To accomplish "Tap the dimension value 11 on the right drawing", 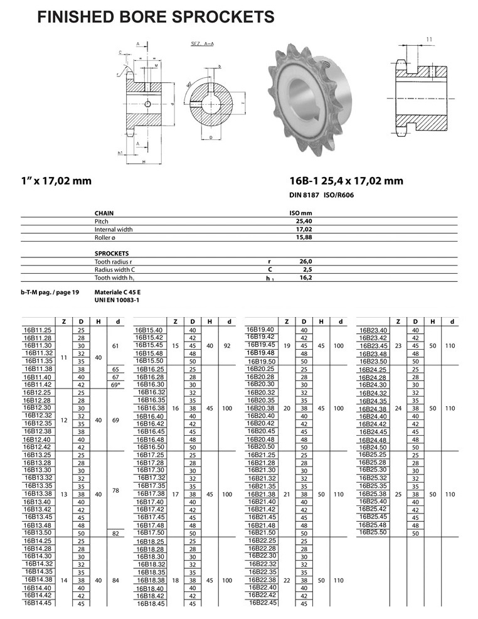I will (x=429, y=40).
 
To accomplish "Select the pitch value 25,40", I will (x=304, y=222).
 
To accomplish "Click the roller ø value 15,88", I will (x=304, y=238).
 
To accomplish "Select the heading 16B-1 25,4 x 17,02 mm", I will (x=346, y=181).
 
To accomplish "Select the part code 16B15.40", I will (x=149, y=330).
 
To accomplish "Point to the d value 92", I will (x=227, y=345).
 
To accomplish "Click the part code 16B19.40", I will (x=261, y=329).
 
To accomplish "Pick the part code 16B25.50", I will (x=373, y=532).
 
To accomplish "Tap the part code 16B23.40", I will (x=373, y=330).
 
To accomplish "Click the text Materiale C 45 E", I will (x=117, y=293).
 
